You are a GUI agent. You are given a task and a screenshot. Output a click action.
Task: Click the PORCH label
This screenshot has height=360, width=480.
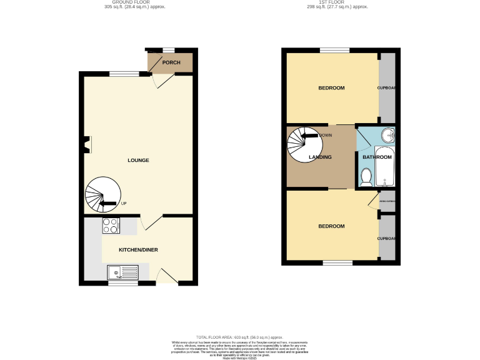(x=171, y=62)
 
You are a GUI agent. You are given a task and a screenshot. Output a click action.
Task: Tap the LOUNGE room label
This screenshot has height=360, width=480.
(x=138, y=161)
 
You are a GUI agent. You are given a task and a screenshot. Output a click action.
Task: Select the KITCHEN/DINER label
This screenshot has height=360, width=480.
(x=138, y=250)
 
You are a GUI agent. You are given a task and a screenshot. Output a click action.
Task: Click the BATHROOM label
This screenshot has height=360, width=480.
(x=377, y=157)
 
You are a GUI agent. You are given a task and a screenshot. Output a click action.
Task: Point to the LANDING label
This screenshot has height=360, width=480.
(x=320, y=157)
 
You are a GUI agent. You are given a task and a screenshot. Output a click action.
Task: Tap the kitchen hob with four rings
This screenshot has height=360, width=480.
(x=111, y=226)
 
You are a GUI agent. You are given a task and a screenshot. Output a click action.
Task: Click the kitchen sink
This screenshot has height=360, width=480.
(x=122, y=272)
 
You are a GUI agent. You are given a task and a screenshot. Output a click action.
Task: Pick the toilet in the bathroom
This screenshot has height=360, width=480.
(x=366, y=179)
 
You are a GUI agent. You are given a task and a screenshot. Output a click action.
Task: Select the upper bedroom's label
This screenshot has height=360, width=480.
(x=331, y=88)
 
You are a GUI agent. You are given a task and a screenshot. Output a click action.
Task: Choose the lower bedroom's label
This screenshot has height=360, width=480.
(x=331, y=226)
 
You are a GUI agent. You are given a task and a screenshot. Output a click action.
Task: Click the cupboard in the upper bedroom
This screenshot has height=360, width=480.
(x=387, y=88)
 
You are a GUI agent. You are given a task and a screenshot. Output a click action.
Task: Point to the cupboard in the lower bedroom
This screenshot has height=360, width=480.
(x=387, y=238)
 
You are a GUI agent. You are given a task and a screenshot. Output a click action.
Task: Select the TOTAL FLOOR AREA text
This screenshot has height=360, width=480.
(x=240, y=336)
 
